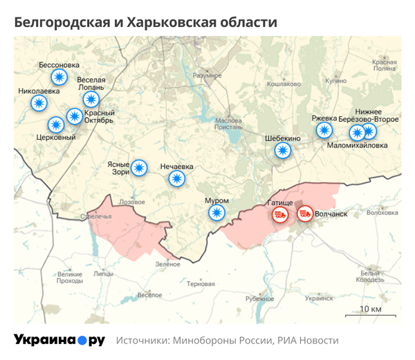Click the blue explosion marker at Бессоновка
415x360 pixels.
[x=60, y=78]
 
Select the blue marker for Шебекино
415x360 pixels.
[x=282, y=150]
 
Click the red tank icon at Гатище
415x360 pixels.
[x=280, y=214]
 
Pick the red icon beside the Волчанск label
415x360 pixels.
[x=304, y=214]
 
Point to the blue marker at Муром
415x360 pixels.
[x=217, y=213]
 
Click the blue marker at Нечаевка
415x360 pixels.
[x=177, y=179]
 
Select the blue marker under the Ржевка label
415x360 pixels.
[x=324, y=130]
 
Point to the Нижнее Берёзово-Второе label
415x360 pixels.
[x=369, y=115]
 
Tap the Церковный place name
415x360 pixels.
[x=55, y=137]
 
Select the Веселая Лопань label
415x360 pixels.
[x=91, y=84]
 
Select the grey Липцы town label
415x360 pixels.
[x=103, y=273]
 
